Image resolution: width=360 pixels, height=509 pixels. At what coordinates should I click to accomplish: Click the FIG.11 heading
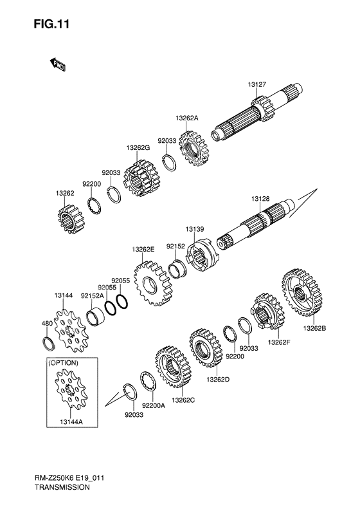click(x=51, y=24)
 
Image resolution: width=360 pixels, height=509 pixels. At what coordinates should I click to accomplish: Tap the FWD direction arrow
click(x=58, y=64)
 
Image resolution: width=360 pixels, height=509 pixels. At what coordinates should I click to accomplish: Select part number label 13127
click(x=257, y=84)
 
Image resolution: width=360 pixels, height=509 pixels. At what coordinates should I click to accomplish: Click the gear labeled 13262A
click(x=195, y=149)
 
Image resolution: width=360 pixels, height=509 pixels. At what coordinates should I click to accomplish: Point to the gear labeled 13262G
click(x=140, y=178)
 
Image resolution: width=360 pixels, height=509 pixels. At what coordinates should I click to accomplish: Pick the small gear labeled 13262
click(x=71, y=220)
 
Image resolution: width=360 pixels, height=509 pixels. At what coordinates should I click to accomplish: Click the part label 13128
click(x=260, y=199)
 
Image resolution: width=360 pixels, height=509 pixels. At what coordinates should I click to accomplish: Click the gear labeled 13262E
click(x=153, y=283)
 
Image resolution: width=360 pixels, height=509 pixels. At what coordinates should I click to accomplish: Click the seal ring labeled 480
click(x=49, y=344)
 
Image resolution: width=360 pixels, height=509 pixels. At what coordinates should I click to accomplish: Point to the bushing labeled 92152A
click(x=96, y=318)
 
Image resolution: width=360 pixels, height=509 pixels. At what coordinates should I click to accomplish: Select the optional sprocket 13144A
click(x=71, y=391)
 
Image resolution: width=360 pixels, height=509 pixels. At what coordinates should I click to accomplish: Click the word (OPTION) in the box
click(x=63, y=363)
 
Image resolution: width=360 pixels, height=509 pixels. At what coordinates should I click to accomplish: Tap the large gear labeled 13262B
click(x=301, y=292)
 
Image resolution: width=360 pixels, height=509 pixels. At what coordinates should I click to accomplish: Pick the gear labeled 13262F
click(x=267, y=311)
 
